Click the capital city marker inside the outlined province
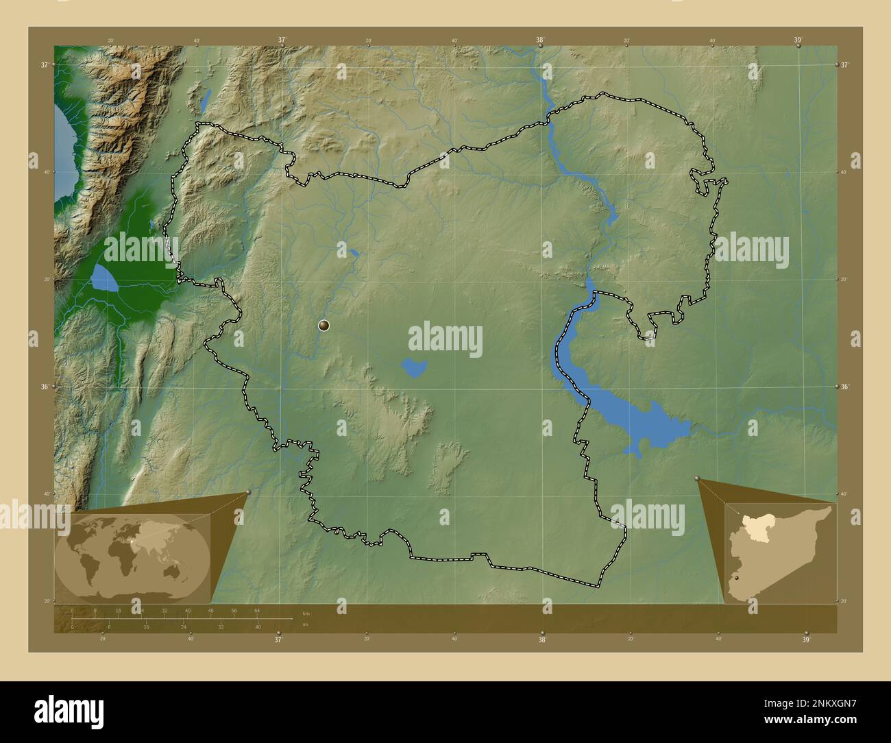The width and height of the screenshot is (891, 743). pyautogui.click(x=324, y=326)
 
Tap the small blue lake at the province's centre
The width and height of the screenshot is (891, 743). pyautogui.click(x=414, y=368)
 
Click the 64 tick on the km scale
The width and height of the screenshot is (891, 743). pyautogui.click(x=257, y=610)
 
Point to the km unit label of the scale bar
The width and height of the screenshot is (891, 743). pyautogui.click(x=306, y=613)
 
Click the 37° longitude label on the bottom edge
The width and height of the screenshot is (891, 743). pyautogui.click(x=278, y=640)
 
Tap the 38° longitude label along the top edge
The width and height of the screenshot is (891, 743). pyautogui.click(x=540, y=40)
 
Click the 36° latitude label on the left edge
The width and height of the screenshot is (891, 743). pyautogui.click(x=44, y=387)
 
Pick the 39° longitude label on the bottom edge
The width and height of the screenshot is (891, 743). pyautogui.click(x=806, y=640)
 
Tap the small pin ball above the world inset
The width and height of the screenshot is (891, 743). pyautogui.click(x=248, y=491)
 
